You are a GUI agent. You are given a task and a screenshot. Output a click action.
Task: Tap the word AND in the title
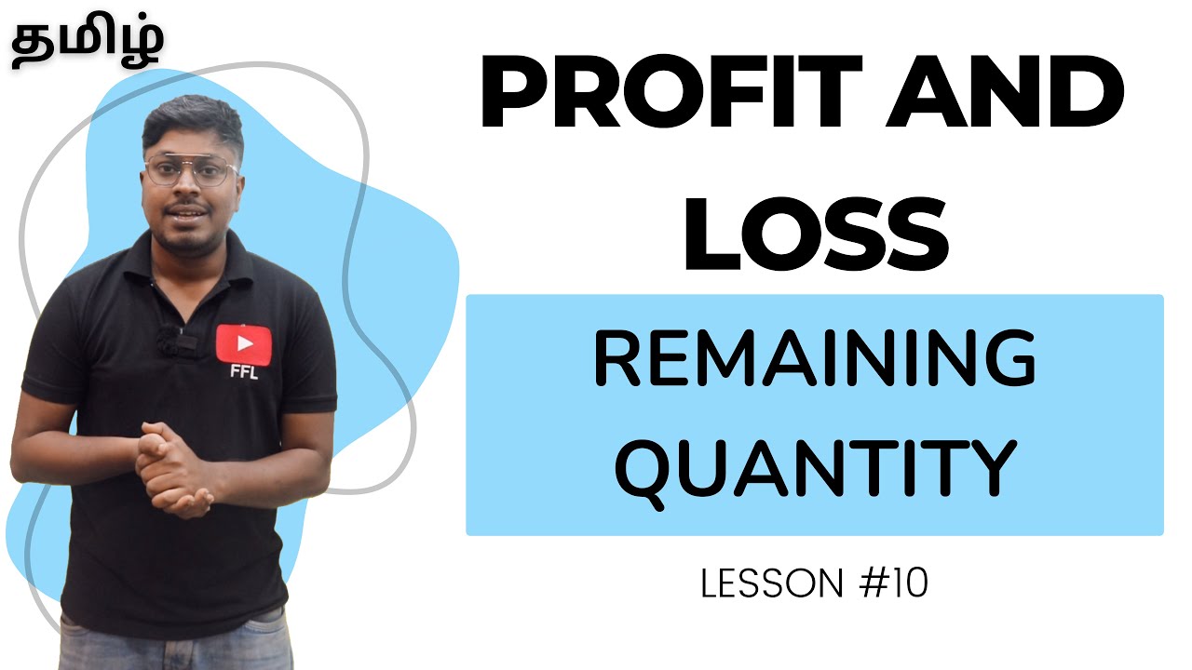point(1004,96)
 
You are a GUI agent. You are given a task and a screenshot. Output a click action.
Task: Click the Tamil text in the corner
point(88,42)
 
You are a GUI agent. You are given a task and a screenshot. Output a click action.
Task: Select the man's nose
point(192,190)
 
